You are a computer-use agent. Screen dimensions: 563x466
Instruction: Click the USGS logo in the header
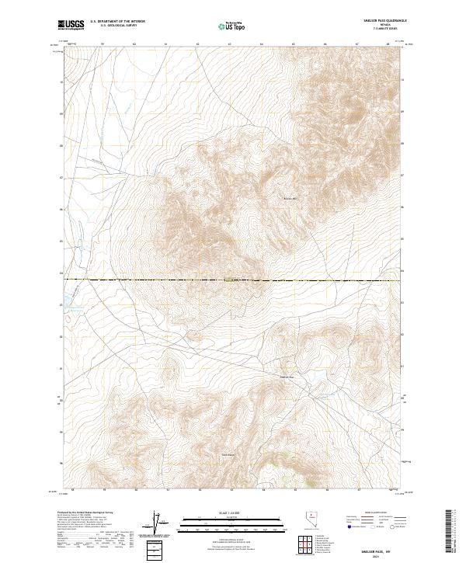[71, 25]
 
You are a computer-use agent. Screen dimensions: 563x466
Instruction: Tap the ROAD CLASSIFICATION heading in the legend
[371, 513]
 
